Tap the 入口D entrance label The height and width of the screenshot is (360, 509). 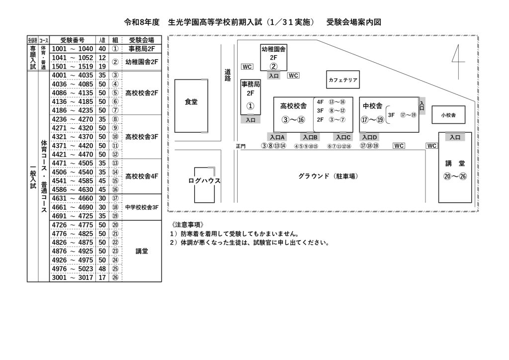369,137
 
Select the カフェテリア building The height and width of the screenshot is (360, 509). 343,80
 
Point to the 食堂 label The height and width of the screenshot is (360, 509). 191,102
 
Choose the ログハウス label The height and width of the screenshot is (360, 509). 204,180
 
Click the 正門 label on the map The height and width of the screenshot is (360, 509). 241,146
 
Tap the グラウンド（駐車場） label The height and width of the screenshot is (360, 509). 328,176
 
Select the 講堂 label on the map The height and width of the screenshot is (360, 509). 455,163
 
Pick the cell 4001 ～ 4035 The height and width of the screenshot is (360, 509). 72,75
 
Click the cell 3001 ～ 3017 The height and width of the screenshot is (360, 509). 72,277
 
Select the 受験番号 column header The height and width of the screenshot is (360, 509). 72,40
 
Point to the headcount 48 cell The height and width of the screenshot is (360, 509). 102,269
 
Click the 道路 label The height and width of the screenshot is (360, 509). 228,75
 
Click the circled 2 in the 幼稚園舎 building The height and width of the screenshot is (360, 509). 273,66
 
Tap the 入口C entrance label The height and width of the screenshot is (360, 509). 343,137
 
